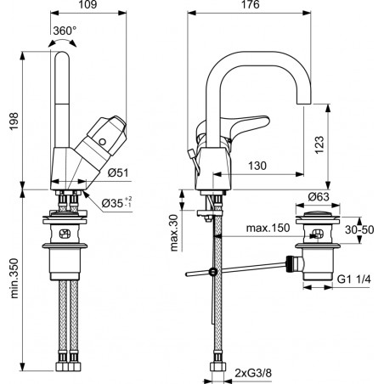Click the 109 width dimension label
point(88,4)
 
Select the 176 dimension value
point(251,4)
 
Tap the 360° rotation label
point(65,31)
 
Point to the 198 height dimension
point(14,121)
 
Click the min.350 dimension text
point(14,279)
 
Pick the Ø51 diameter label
point(118,172)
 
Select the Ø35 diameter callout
point(116,203)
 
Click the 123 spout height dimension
point(319,144)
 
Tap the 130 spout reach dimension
point(257,166)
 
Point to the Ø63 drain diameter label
point(319,196)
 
